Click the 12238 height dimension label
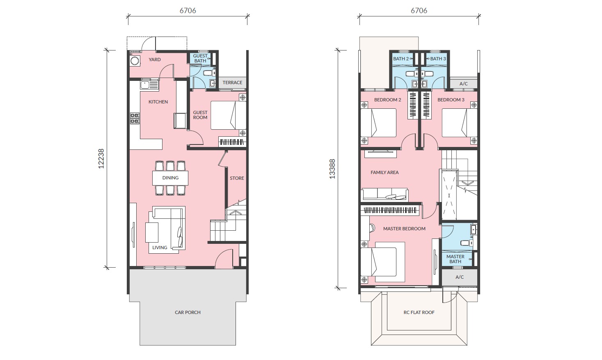pos(101,158)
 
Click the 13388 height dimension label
pos(332,169)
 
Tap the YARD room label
pos(155,60)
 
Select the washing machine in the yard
pos(135,61)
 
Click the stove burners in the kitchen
pos(135,118)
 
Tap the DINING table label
pos(170,178)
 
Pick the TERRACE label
pos(232,83)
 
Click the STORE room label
pos(237,178)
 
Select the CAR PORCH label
pos(188,312)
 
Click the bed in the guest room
pos(228,115)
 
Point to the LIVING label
pos(160,248)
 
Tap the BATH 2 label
pos(401,59)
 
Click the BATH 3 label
pos(438,59)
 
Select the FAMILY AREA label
pos(385,172)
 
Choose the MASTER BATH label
pos(455,259)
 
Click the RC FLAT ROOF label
pos(419,312)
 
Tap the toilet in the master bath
pos(467,243)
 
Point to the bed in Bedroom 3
pos(460,123)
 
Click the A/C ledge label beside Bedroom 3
pos(464,84)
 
